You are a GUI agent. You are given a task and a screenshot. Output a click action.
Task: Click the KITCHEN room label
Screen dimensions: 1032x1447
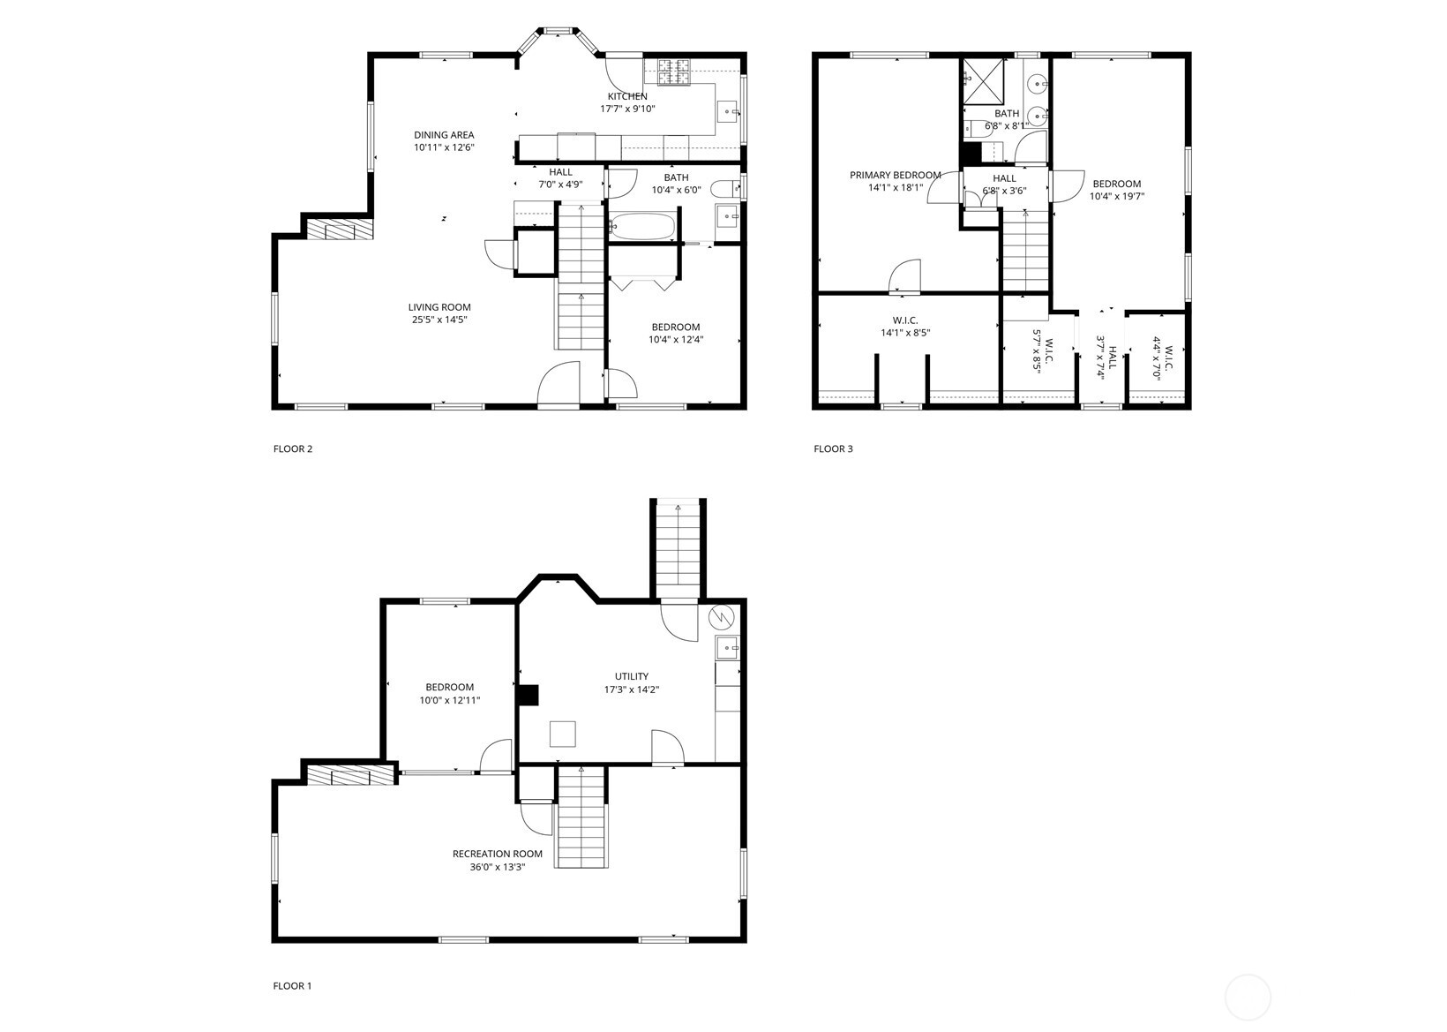[x=626, y=96]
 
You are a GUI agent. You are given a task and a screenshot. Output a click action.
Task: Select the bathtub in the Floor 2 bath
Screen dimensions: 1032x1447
[x=643, y=226]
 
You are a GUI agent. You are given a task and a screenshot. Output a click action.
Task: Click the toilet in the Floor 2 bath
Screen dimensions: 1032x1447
[x=725, y=187]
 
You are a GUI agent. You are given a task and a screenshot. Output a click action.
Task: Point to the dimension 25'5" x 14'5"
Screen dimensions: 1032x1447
[x=438, y=320]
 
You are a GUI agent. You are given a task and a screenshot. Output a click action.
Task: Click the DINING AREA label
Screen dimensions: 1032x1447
[x=444, y=135]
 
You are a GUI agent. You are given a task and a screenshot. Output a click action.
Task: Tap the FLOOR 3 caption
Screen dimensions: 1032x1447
[x=833, y=448]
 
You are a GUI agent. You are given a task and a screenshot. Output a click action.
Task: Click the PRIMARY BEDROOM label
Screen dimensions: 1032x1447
[x=895, y=175]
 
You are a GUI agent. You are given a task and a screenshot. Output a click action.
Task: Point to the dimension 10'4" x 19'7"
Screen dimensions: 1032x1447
[x=1116, y=196]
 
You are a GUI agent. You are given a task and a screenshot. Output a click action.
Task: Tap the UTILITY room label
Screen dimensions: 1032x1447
[x=632, y=676]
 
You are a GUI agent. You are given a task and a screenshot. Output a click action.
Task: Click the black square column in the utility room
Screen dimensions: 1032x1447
[x=528, y=696]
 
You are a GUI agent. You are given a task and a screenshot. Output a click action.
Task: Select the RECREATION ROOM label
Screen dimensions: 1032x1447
[x=497, y=854]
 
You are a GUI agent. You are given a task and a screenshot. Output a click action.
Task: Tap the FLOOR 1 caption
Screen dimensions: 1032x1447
[x=292, y=985]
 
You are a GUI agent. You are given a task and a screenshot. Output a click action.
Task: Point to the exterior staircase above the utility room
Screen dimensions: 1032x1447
[x=679, y=548]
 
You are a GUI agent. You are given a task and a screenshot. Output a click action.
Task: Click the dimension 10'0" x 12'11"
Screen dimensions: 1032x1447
[x=449, y=700]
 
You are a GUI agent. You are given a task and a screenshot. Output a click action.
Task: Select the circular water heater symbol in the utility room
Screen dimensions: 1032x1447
[x=721, y=615]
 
